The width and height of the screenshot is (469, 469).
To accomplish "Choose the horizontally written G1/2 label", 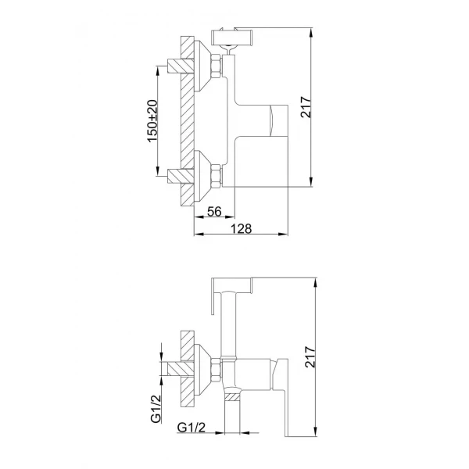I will point(192,427).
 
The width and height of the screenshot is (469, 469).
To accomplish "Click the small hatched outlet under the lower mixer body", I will point(232,396).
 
